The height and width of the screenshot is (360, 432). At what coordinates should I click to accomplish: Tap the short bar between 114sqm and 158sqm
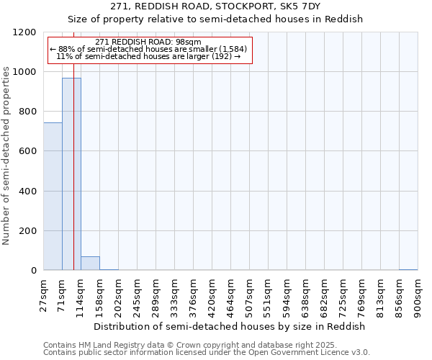[90, 264]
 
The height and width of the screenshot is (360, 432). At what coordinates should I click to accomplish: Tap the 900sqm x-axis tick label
[418, 294]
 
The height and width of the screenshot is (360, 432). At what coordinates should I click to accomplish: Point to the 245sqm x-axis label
[138, 294]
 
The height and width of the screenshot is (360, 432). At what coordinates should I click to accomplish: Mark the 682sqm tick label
[325, 294]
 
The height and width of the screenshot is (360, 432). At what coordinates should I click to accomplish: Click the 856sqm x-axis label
[400, 294]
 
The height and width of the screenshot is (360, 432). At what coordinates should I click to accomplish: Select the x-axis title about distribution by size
[230, 326]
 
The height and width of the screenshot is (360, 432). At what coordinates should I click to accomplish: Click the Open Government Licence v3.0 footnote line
[207, 353]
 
